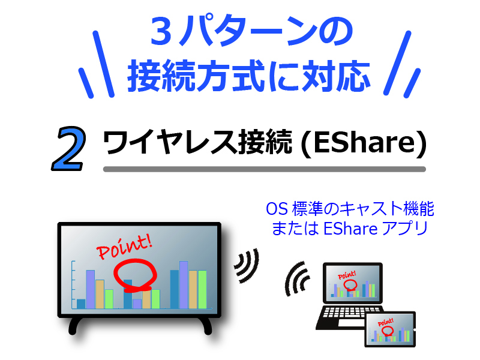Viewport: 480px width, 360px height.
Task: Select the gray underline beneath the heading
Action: click(x=264, y=169)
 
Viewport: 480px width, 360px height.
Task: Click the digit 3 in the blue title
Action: click(x=160, y=34)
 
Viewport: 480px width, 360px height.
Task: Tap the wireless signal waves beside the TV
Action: click(x=246, y=265)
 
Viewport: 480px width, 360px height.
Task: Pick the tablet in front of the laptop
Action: click(x=390, y=329)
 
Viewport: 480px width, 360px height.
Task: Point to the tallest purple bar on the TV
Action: click(x=184, y=284)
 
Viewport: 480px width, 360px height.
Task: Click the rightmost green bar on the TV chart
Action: click(x=202, y=289)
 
